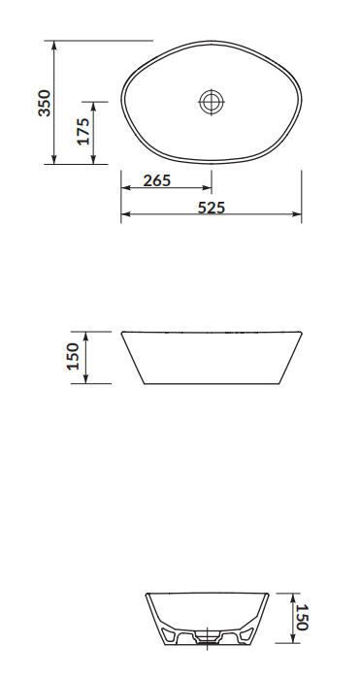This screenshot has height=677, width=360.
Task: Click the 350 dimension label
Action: coord(44,103)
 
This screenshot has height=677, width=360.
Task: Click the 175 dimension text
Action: coord(83,132)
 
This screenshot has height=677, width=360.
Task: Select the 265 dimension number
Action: coord(157,180)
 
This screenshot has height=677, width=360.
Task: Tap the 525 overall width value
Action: coord(212,207)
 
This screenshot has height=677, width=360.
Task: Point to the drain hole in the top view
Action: coord(212,101)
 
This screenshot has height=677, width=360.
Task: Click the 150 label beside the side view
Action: coord(73,357)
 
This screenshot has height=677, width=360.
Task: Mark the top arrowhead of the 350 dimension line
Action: coord(54,46)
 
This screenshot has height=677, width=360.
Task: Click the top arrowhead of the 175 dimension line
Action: coord(94,105)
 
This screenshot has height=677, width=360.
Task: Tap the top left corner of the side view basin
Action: coord(121,333)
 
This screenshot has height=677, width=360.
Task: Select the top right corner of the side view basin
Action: coord(301,333)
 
